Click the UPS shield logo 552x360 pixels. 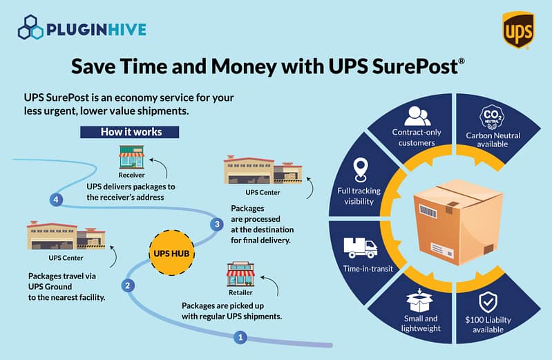[518, 30]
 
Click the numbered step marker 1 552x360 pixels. [240, 338]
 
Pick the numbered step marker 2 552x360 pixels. [127, 285]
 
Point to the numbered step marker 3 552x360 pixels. [217, 224]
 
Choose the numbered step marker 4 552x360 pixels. [57, 200]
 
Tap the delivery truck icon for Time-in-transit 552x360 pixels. [360, 247]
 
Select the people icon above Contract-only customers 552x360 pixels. [417, 115]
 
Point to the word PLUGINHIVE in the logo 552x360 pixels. [95, 30]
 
